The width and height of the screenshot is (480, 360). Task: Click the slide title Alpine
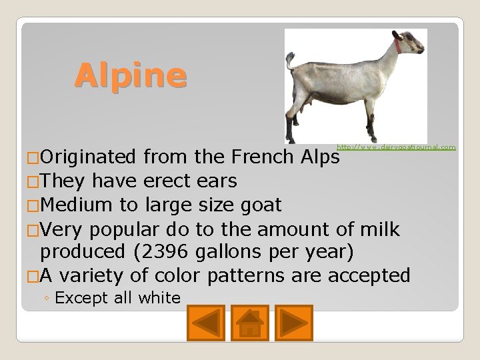(131, 75)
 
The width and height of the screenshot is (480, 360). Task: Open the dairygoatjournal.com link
(396, 147)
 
